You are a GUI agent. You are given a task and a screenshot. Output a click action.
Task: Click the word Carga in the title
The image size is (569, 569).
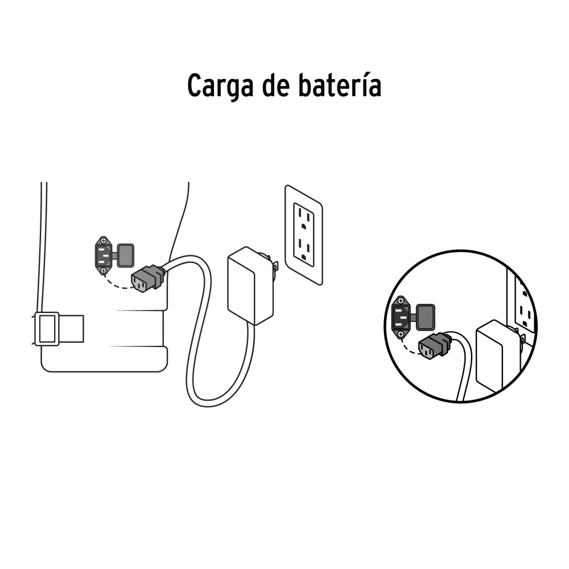tap(220, 86)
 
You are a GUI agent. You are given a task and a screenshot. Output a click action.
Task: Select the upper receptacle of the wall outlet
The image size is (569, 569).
tap(304, 217)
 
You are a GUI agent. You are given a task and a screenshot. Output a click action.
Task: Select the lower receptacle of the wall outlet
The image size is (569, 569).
tap(304, 249)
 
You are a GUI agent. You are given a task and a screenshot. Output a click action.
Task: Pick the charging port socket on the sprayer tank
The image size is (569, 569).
tap(104, 255)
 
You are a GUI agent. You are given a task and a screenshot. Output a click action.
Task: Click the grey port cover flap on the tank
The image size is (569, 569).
tap(126, 255)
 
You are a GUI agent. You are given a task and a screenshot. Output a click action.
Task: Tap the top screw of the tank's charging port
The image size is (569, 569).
tap(104, 241)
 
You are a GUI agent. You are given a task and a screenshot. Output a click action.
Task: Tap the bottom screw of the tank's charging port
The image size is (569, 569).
tap(104, 271)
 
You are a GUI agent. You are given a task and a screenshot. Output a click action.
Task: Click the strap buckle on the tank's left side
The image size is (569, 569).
tap(47, 329)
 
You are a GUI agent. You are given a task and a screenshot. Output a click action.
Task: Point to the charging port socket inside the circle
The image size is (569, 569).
tap(401, 317)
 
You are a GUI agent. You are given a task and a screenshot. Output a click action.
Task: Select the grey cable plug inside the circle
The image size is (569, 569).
tap(435, 346)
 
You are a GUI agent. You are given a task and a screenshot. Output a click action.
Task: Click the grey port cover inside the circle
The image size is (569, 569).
tap(426, 317)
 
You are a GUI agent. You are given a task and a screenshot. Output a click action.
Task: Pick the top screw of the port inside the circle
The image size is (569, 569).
tap(401, 301)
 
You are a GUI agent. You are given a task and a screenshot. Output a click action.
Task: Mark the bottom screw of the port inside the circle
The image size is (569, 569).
tap(401, 334)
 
